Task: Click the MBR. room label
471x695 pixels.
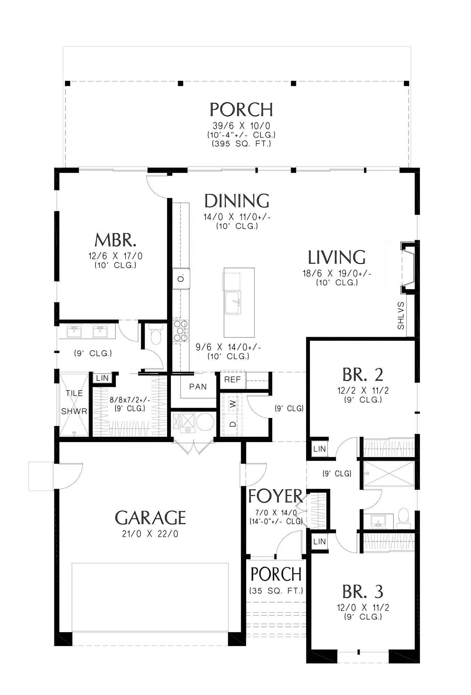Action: point(115,240)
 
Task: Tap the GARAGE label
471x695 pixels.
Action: point(150,517)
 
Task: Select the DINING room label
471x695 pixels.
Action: point(237,201)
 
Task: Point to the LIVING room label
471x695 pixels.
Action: point(337,257)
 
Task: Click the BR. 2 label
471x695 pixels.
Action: point(363,375)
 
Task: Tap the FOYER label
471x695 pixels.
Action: point(276,496)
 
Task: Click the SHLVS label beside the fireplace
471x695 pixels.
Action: point(401,316)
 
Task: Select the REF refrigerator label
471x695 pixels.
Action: point(232,379)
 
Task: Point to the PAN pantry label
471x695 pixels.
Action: point(198,387)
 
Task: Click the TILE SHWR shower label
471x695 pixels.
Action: point(74,402)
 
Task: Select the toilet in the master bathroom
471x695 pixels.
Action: point(155,334)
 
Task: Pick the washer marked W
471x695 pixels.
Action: point(233,404)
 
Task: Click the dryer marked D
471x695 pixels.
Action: point(233,424)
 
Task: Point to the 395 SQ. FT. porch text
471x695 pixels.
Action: point(241,144)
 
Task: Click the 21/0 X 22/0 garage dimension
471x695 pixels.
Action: point(150,534)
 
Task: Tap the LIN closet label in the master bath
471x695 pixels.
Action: point(102,378)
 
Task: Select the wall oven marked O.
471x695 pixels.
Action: point(181,278)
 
